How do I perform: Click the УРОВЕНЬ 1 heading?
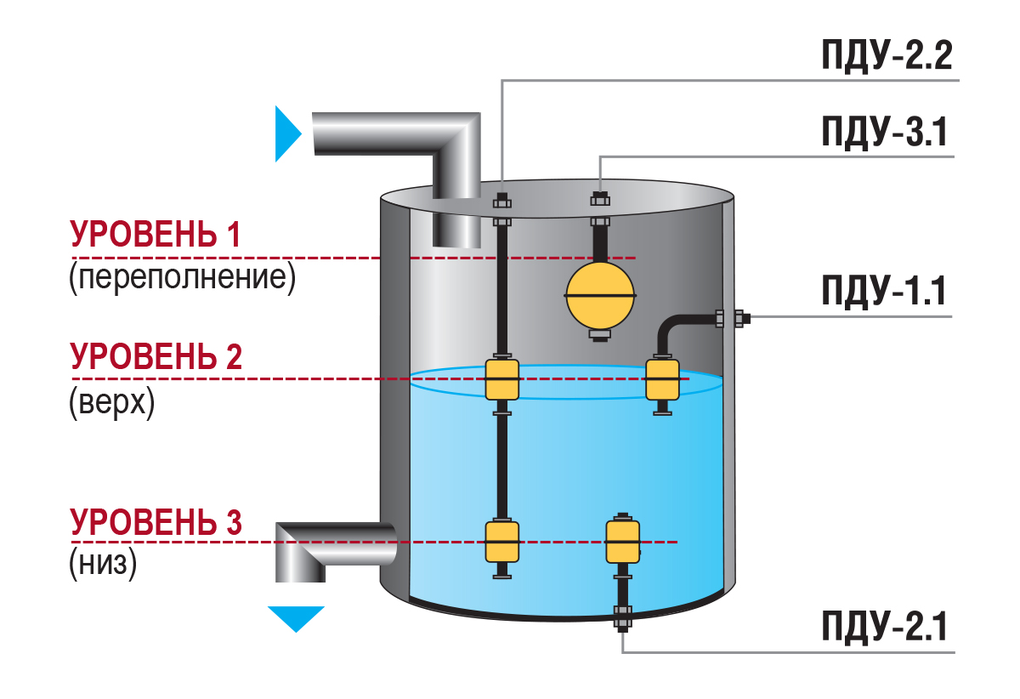click(156, 235)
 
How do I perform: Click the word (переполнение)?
click(183, 278)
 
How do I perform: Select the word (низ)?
click(103, 564)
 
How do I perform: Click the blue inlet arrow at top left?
click(287, 134)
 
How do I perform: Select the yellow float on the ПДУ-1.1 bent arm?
click(663, 379)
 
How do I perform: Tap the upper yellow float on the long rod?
click(501, 379)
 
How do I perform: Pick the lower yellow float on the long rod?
click(501, 542)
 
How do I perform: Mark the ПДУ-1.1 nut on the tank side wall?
click(729, 319)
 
